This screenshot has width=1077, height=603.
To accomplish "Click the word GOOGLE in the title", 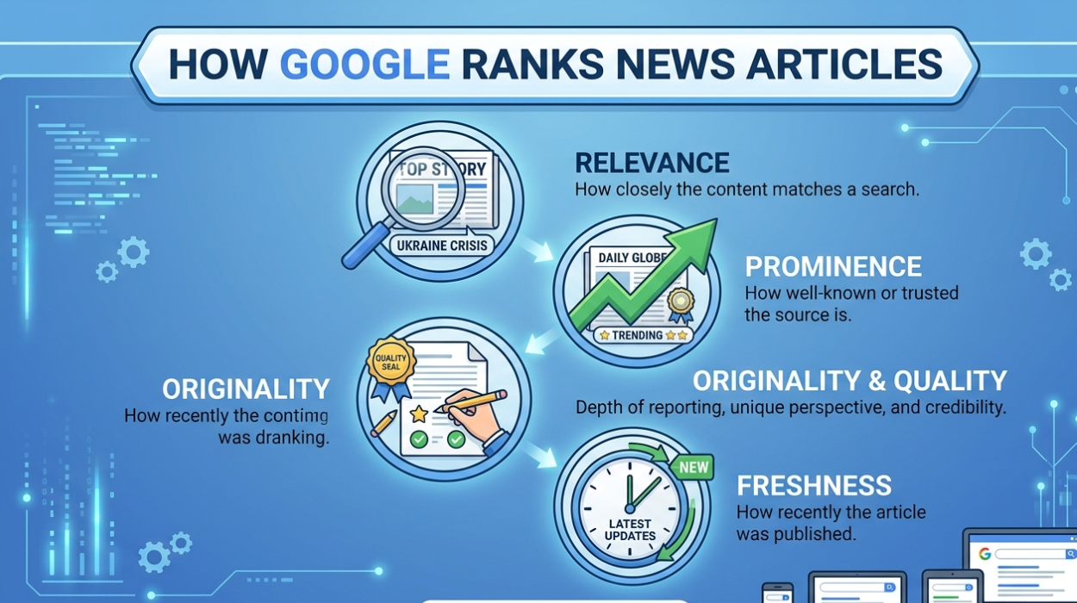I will pyautogui.click(x=364, y=66).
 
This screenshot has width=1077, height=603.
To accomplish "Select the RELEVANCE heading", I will pyautogui.click(x=651, y=163).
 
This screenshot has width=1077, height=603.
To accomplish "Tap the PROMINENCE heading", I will pyautogui.click(x=832, y=266).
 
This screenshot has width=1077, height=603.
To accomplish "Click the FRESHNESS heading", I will pyautogui.click(x=814, y=485).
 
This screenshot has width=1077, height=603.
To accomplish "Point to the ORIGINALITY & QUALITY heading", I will pyautogui.click(x=850, y=381).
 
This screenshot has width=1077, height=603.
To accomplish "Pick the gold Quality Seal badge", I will pyautogui.click(x=391, y=362).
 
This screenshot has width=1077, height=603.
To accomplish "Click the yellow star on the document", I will pyautogui.click(x=419, y=414).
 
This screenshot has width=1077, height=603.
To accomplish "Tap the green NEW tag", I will pyautogui.click(x=694, y=469).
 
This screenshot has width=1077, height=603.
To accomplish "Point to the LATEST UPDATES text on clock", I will pyautogui.click(x=630, y=530).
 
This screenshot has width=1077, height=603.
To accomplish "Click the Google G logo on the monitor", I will pyautogui.click(x=984, y=553).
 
